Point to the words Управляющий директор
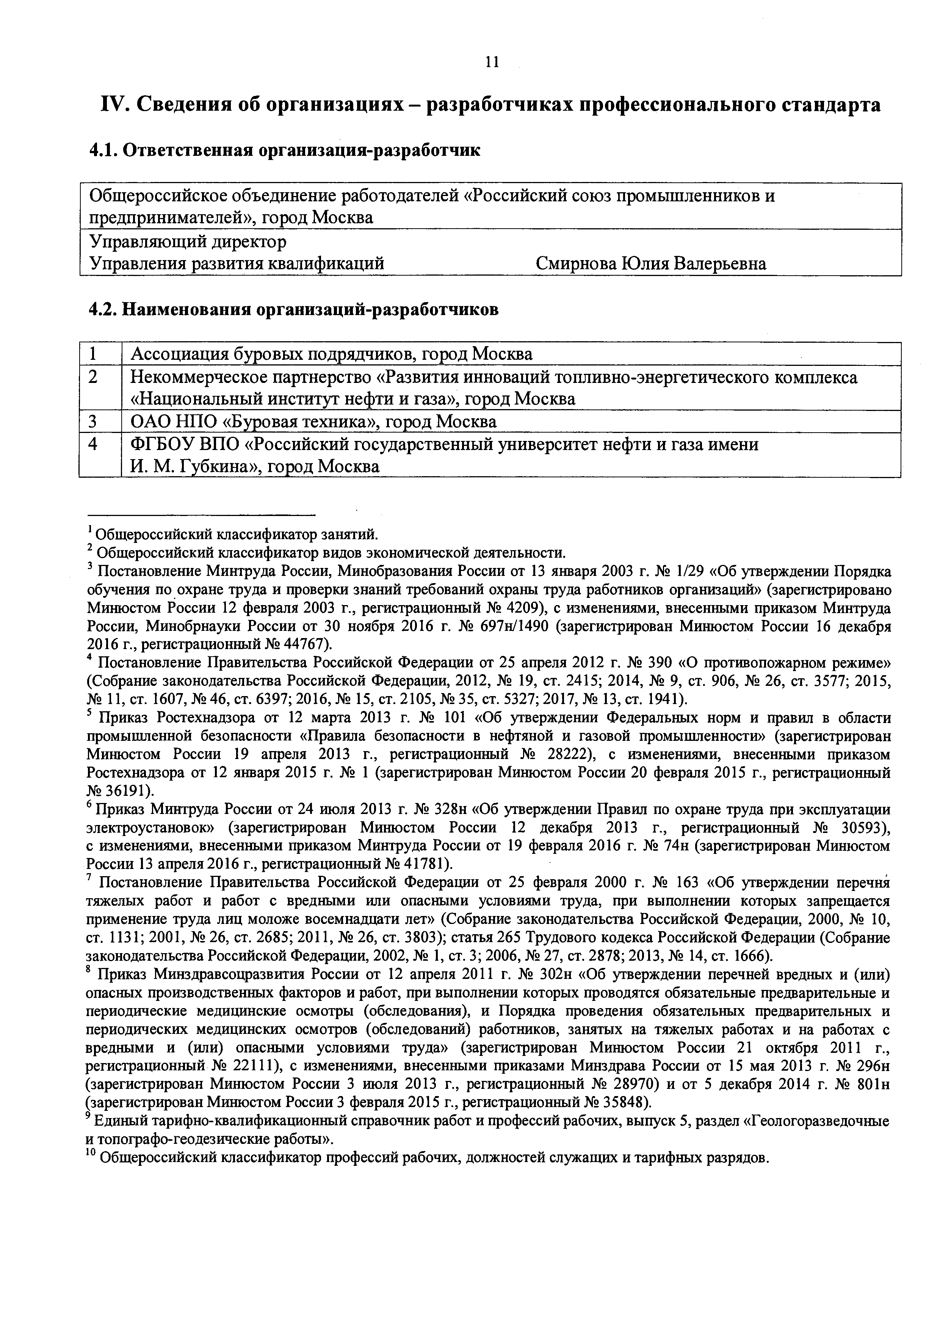188,241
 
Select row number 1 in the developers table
92,354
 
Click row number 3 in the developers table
92,422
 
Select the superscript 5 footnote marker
90,714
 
